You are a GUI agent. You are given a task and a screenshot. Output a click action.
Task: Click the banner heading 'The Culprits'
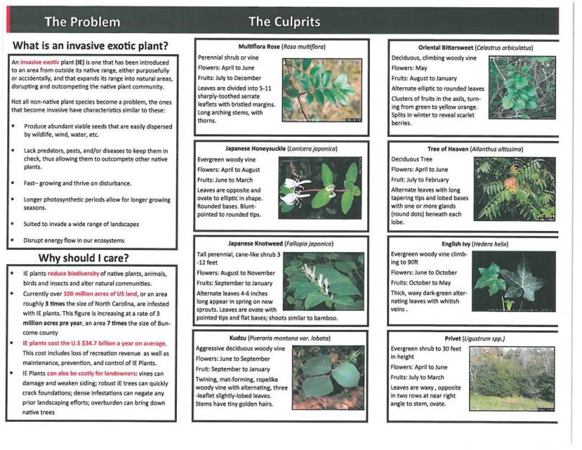pyautogui.click(x=284, y=22)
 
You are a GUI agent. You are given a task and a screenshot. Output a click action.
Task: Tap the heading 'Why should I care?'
pyautogui.click(x=95, y=258)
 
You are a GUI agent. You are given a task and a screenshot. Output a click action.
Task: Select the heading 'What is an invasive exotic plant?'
pyautogui.click(x=95, y=45)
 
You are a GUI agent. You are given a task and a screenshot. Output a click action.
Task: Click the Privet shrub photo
pyautogui.click(x=511, y=378)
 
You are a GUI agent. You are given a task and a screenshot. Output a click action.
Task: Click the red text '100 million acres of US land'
pyautogui.click(x=104, y=295)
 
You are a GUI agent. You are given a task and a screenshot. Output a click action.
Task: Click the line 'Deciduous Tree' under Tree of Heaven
pyautogui.click(x=415, y=158)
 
